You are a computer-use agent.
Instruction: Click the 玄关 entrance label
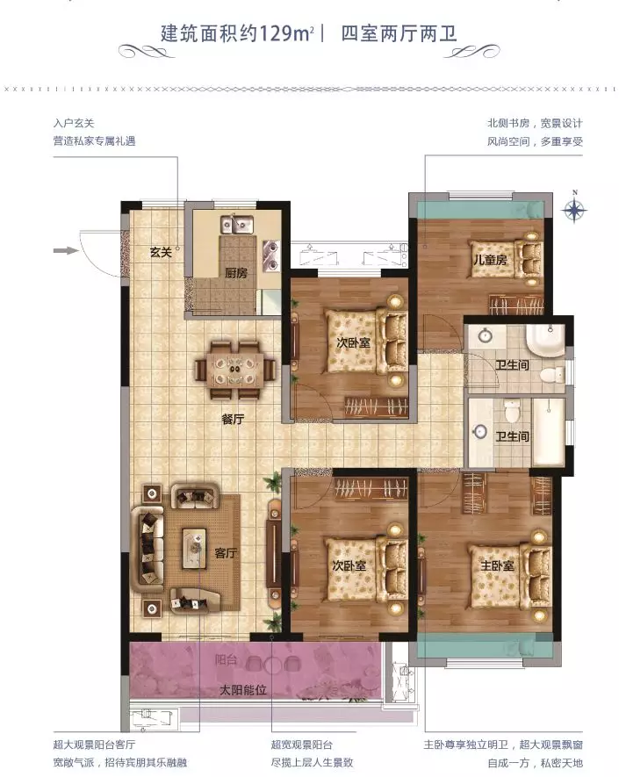click(161, 252)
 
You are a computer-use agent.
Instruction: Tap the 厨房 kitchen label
click(236, 273)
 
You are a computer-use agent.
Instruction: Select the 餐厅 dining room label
click(233, 419)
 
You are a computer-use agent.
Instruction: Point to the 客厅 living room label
click(226, 553)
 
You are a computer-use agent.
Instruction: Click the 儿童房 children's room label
click(490, 259)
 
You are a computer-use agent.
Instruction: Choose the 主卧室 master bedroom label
click(497, 565)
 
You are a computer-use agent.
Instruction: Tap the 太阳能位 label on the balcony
click(243, 689)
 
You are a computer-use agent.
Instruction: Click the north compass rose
click(574, 209)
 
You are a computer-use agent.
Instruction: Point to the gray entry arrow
click(66, 251)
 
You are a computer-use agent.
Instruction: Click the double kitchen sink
click(237, 226)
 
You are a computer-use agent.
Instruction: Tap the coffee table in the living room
click(194, 549)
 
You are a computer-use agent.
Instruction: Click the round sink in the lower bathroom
click(479, 431)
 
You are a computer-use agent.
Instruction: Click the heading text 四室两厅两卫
click(399, 33)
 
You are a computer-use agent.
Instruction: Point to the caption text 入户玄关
click(74, 123)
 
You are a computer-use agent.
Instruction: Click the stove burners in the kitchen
click(271, 255)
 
